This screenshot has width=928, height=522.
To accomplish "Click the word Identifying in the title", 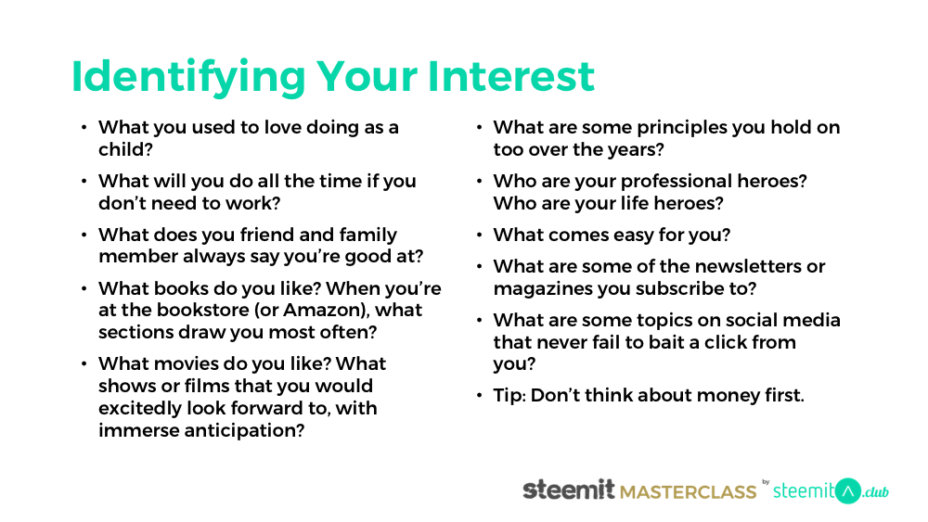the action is point(188,78).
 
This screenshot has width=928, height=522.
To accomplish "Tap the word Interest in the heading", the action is point(510,76).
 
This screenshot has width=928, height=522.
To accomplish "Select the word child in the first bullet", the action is point(122,149).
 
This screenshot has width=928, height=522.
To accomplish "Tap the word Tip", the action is point(508,396).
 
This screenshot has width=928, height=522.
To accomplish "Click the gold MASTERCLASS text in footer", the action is point(689,491).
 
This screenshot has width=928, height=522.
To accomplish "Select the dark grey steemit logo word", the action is point(569,490).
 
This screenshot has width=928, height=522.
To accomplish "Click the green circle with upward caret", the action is point(847,491).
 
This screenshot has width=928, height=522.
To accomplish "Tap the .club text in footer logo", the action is point(875,491).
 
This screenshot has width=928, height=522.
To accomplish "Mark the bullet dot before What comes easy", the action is point(480,236).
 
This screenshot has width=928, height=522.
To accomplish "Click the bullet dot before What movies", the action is point(84,363).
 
